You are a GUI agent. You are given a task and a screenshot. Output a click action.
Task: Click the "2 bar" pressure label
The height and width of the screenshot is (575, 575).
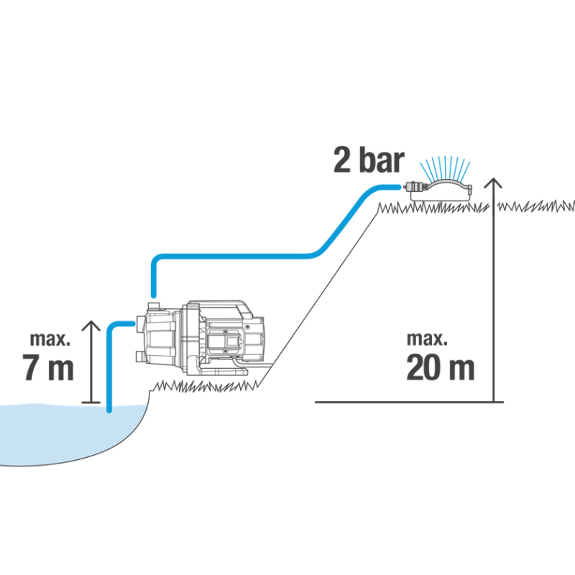(369, 160)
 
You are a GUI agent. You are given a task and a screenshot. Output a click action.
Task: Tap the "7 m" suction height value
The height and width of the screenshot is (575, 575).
(49, 368)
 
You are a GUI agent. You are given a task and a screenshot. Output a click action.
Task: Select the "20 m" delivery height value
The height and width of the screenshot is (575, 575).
(440, 368)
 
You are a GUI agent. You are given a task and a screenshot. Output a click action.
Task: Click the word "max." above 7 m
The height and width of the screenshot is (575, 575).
(50, 338)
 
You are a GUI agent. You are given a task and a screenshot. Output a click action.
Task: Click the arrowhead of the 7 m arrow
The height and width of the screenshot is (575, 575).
(91, 327)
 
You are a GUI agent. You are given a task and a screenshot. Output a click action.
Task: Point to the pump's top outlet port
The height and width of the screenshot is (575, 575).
(152, 307)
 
